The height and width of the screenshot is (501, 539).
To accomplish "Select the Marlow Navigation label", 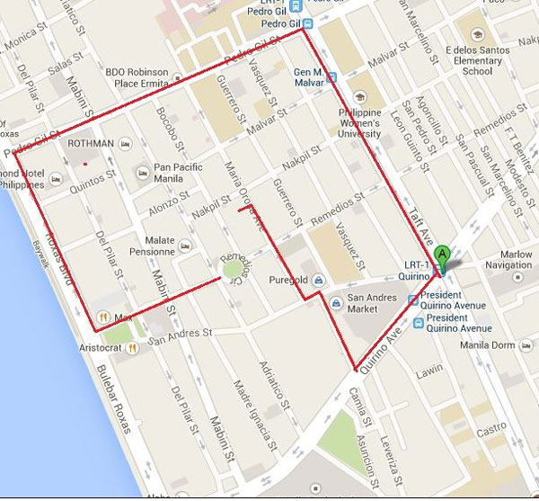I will (508, 259).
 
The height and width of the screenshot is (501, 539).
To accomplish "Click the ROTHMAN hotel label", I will (90, 143).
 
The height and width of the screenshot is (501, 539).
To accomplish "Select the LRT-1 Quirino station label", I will (416, 275).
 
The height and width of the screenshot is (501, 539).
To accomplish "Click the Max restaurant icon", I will (104, 317).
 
